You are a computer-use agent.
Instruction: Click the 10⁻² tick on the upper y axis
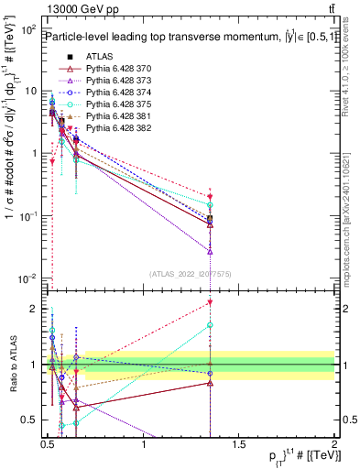(x=27, y=278)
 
